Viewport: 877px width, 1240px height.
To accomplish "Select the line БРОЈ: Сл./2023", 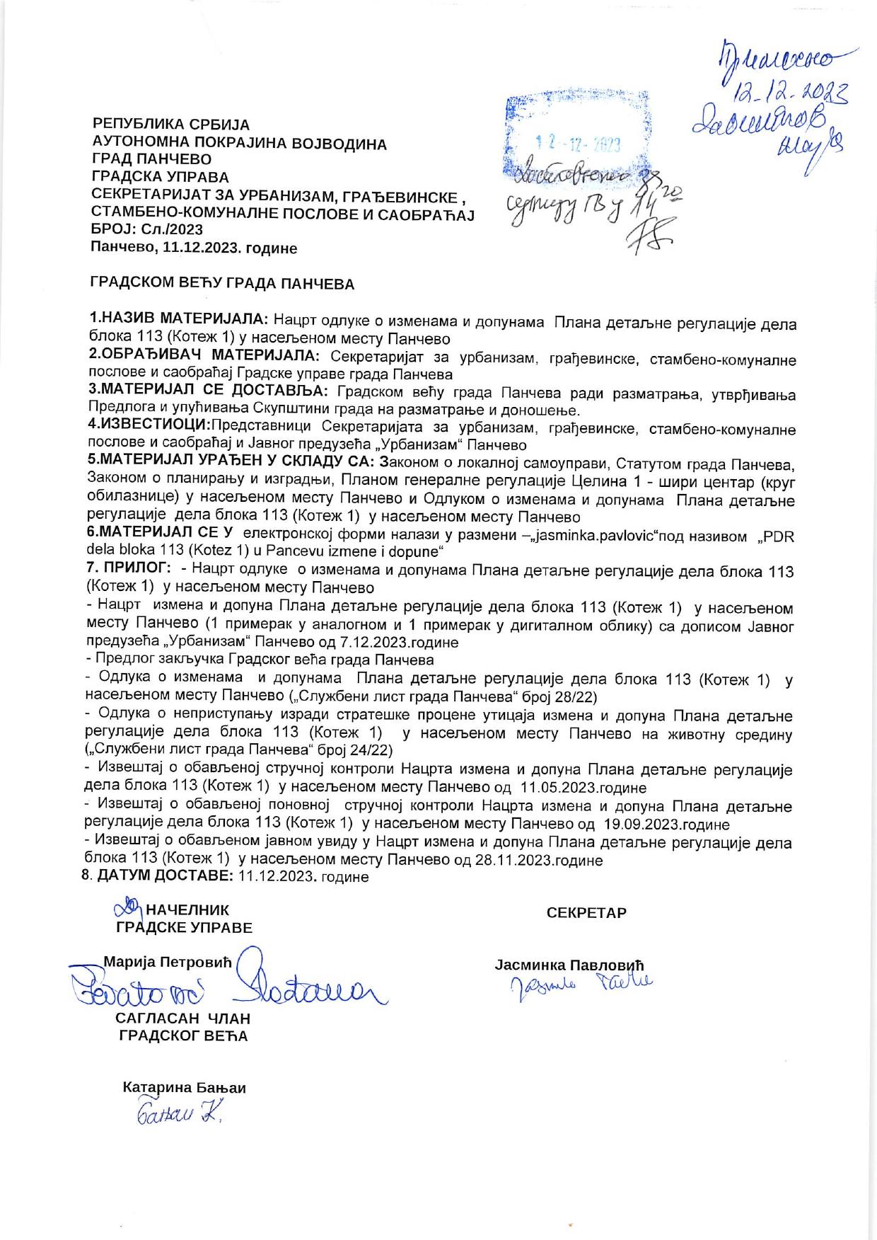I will click(147, 229).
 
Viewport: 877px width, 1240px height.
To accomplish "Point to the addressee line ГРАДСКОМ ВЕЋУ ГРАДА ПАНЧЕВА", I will click(222, 285).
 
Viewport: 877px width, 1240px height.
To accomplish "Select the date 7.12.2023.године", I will click(405, 643).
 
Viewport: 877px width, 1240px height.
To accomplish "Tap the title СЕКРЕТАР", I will click(586, 913).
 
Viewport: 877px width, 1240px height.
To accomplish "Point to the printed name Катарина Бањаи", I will click(185, 1088).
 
